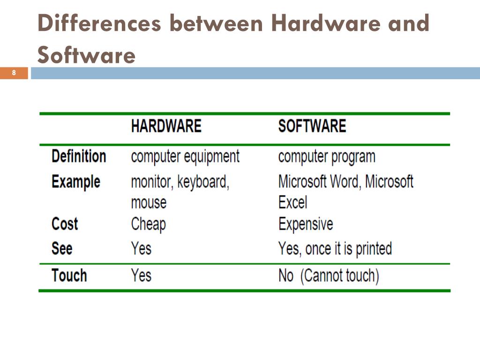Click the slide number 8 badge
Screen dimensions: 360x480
pyautogui.click(x=14, y=73)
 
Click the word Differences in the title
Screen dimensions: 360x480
pyautogui.click(x=99, y=23)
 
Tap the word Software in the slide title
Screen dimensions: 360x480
pyautogui.click(x=86, y=56)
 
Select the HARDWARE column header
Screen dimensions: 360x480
pyautogui.click(x=166, y=126)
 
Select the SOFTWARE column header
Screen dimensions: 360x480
pyautogui.click(x=312, y=126)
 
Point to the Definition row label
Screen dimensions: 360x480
pyautogui.click(x=79, y=156)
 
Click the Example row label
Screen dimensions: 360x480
pyautogui.click(x=75, y=181)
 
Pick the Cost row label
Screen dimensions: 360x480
pyautogui.click(x=65, y=224)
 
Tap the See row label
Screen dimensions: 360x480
pyautogui.click(x=62, y=248)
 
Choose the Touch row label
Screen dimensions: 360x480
pyautogui.click(x=69, y=275)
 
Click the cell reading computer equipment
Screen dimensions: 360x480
pyautogui.click(x=185, y=157)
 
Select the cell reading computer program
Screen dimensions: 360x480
pyautogui.click(x=327, y=157)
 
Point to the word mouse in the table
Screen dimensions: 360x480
pyautogui.click(x=149, y=203)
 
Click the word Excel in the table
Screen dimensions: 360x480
pyautogui.click(x=292, y=203)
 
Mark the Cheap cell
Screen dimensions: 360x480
pyautogui.click(x=148, y=224)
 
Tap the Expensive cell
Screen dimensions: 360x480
pyautogui.click(x=306, y=224)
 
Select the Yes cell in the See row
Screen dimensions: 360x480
pyautogui.click(x=141, y=248)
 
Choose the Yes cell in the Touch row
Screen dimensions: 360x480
pyautogui.click(x=141, y=275)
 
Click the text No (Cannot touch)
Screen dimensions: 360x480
pyautogui.click(x=328, y=276)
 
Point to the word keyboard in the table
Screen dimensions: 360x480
pyautogui.click(x=203, y=182)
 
